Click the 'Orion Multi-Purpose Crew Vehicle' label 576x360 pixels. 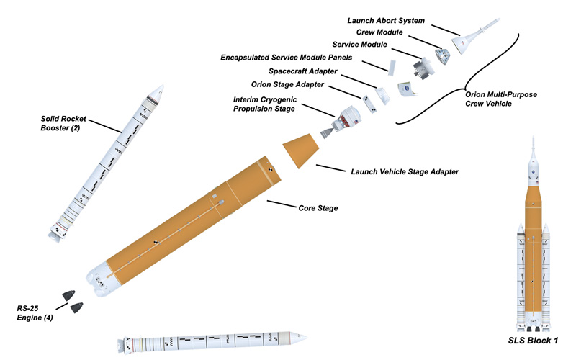[501, 98]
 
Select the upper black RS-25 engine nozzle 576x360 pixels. [70, 294]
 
